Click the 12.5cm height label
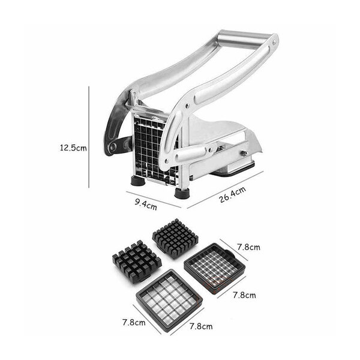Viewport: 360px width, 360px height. coord(73,148)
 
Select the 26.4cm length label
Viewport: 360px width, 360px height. coord(232,194)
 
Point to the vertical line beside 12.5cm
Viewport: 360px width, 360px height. coord(89,137)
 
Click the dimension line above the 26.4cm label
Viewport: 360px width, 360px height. coord(225,190)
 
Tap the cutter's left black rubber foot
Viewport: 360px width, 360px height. coord(138,181)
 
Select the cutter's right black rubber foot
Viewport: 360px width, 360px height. coord(182,193)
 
